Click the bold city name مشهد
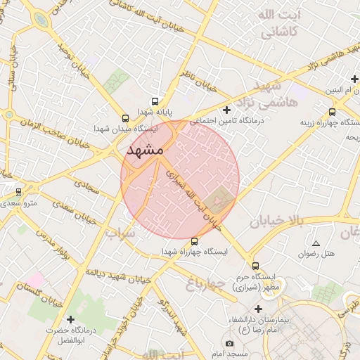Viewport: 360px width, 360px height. pos(145,150)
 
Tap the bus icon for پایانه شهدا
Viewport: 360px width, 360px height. pos(155,101)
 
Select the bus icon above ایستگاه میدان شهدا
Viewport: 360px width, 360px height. pos(125,118)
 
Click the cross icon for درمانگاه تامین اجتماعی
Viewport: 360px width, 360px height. pos(226,110)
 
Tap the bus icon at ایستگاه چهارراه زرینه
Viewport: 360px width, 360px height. pos(333,111)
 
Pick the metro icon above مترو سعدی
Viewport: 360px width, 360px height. pos(18,192)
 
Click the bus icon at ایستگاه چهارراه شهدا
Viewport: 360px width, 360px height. pos(195,241)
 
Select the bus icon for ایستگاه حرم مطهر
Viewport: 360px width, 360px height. pos(255,266)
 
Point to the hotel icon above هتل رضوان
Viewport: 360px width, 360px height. pos(316,243)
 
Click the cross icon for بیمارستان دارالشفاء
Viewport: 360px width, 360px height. pos(259,309)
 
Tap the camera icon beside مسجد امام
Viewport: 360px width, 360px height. pos(229,343)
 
